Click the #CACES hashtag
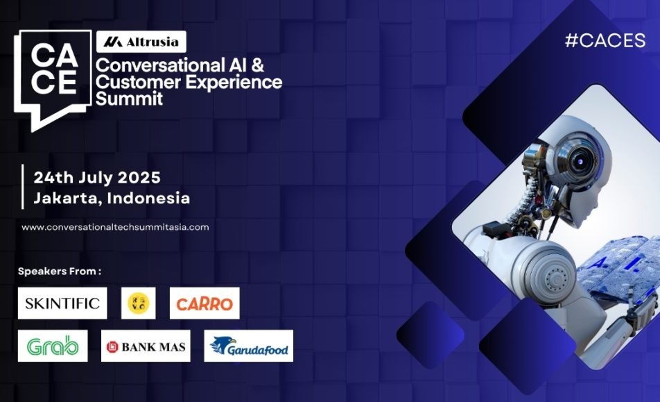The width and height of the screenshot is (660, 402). [605, 40]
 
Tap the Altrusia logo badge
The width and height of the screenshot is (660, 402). [141, 42]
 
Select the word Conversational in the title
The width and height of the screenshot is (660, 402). [160, 65]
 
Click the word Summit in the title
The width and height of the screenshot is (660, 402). [129, 98]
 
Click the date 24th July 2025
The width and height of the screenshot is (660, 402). [97, 178]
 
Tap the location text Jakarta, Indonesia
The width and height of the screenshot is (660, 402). [112, 198]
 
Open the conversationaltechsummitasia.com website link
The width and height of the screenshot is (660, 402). [115, 227]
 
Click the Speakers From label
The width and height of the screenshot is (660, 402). [60, 271]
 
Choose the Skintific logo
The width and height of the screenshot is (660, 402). [62, 303]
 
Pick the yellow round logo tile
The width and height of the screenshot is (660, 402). [139, 303]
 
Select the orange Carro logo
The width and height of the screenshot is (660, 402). [205, 303]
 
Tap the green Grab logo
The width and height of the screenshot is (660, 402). [53, 346]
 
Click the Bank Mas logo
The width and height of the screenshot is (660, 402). [146, 346]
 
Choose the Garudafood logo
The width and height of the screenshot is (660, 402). [249, 346]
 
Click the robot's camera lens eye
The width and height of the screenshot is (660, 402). [580, 161]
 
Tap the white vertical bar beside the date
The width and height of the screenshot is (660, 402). [23, 187]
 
